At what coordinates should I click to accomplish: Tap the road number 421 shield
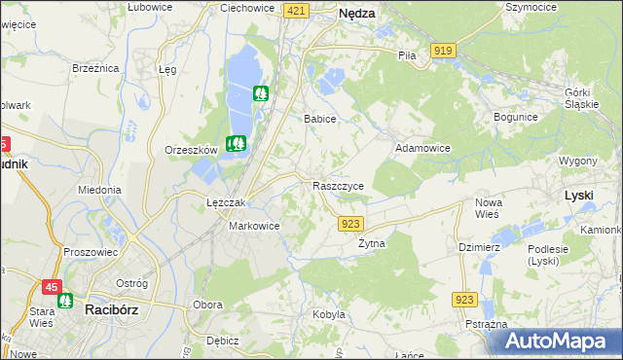click(x=297, y=10)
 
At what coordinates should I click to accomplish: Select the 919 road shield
click(x=444, y=50)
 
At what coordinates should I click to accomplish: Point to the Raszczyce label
click(x=338, y=185)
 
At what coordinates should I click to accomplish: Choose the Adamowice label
click(x=421, y=148)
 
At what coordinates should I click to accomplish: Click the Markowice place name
click(x=254, y=226)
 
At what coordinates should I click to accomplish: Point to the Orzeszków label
click(x=191, y=150)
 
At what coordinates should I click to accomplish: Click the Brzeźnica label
click(x=95, y=68)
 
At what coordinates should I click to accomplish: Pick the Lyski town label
click(x=579, y=196)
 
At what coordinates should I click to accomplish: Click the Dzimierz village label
click(x=479, y=247)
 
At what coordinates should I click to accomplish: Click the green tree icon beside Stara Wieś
click(x=66, y=301)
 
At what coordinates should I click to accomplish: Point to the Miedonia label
click(x=99, y=190)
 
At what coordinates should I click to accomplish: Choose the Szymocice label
click(x=531, y=7)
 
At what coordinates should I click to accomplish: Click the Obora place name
click(x=208, y=305)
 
